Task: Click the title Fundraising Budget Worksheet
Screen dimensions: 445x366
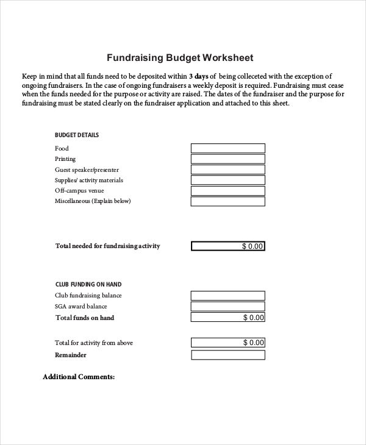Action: click(180, 59)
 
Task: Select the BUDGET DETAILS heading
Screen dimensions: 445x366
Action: click(77, 135)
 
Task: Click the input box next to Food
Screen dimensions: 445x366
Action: click(228, 148)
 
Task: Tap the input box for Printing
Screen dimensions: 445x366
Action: click(228, 159)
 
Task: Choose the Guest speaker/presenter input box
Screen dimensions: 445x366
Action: click(228, 170)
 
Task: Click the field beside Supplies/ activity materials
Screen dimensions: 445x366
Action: click(228, 180)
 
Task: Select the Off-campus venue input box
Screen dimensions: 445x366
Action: click(228, 191)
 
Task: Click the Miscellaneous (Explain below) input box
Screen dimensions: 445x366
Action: click(228, 201)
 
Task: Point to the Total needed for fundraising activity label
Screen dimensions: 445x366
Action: click(108, 246)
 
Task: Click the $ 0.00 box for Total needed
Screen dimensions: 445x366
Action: click(228, 246)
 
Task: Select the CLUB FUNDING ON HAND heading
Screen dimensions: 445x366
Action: click(88, 284)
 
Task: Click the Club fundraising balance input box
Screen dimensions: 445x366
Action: click(228, 296)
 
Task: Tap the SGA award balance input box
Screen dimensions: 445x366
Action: click(228, 307)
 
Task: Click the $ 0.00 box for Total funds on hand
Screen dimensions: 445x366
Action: click(228, 318)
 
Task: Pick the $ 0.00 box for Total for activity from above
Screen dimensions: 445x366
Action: click(228, 343)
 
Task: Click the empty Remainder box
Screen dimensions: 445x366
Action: click(228, 355)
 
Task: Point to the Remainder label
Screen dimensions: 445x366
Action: click(71, 355)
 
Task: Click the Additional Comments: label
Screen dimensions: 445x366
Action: click(79, 377)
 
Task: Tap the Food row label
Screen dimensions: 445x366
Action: click(62, 148)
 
